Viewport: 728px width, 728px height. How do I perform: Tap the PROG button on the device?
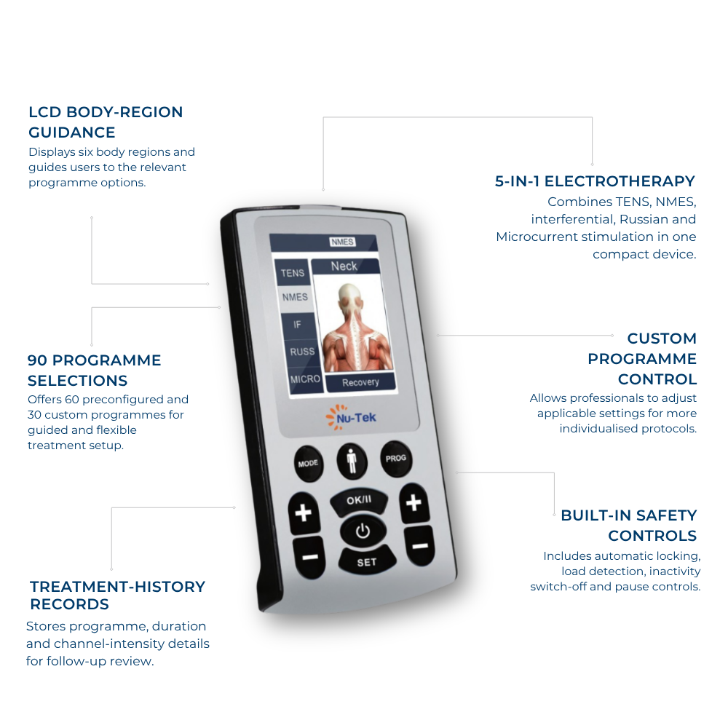(395, 458)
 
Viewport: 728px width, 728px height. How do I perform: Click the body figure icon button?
(352, 462)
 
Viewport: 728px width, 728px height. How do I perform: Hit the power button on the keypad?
(363, 531)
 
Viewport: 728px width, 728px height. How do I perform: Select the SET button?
(367, 561)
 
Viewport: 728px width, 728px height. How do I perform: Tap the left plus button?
(304, 513)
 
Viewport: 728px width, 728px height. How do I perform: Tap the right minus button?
(420, 546)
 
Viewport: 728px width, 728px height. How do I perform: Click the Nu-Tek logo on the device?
(351, 417)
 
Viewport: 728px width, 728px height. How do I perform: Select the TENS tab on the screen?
(293, 273)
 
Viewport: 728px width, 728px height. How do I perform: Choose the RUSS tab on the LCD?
(302, 352)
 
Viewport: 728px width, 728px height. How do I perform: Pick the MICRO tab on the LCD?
(305, 379)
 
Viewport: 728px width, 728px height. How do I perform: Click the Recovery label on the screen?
(361, 382)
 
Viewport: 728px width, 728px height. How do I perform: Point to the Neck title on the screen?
(344, 266)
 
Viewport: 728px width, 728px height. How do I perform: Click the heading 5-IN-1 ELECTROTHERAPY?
(595, 181)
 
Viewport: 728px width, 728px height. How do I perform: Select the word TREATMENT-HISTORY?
(117, 586)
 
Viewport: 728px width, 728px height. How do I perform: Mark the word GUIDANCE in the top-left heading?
(72, 132)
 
